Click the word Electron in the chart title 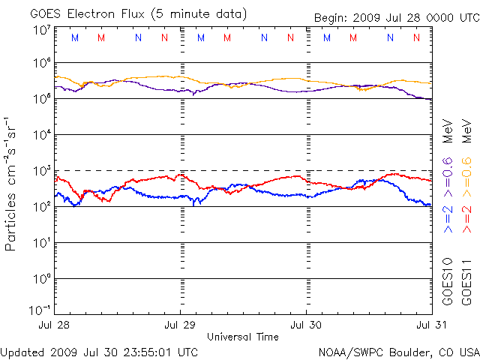coord(87,13)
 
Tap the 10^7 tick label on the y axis coord(41,30)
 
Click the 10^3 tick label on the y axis coord(41,170)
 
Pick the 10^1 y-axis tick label coord(41,242)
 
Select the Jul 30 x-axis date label coord(306,325)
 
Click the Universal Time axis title coord(243,337)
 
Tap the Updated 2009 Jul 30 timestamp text coord(100,351)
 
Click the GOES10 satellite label coord(448,280)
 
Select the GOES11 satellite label coord(466,280)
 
